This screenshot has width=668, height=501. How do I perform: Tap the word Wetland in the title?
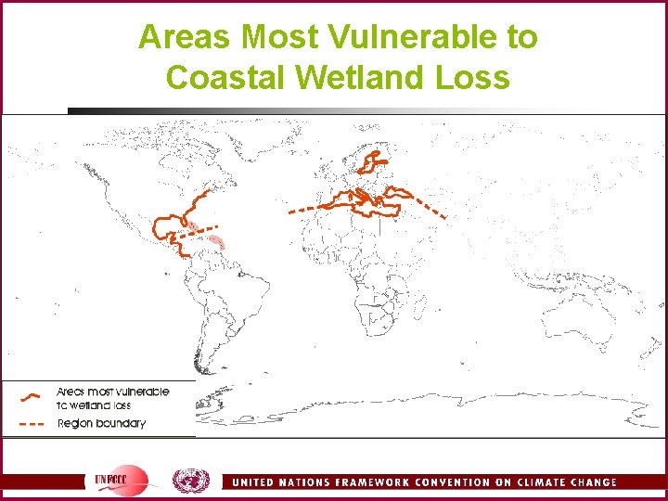[x=360, y=77]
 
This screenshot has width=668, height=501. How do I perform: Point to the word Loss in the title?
[x=475, y=77]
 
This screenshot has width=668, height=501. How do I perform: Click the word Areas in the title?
[x=182, y=38]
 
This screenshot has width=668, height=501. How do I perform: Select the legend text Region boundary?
[x=101, y=424]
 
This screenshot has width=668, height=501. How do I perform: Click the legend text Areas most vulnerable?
[x=112, y=392]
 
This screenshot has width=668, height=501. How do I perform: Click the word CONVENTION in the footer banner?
[x=461, y=482]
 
